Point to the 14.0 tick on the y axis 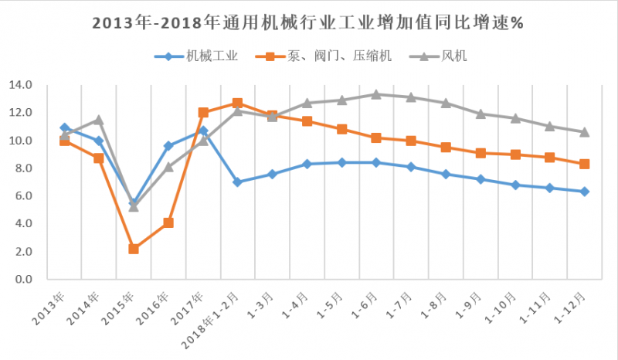(x=19, y=85)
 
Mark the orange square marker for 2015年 (x=134, y=249)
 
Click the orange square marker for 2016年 (x=168, y=222)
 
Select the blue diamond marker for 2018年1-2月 (x=237, y=182)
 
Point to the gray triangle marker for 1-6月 (x=375, y=94)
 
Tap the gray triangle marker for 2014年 (x=99, y=120)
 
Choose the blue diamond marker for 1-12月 (x=584, y=192)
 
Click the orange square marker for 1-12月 (x=584, y=164)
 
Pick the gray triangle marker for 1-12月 (x=584, y=132)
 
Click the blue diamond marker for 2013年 (x=64, y=127)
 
